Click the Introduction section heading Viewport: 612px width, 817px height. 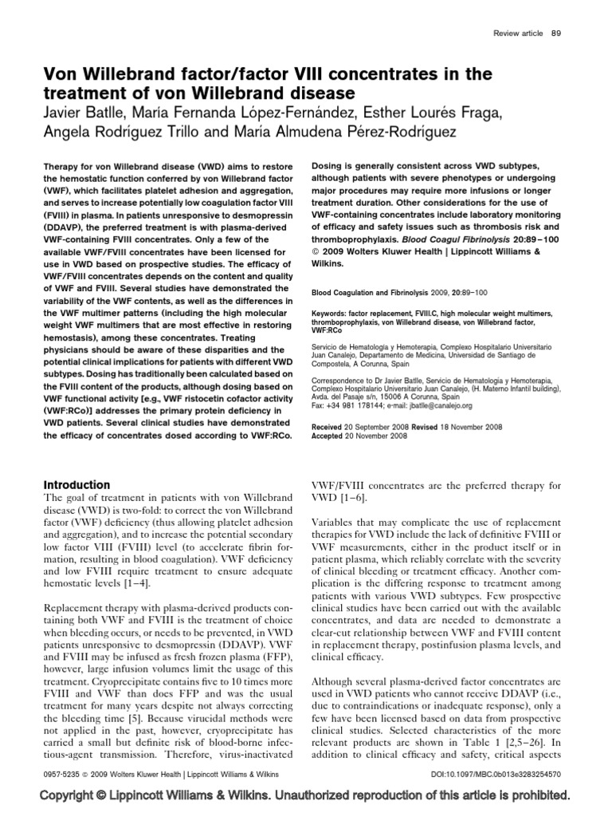(76, 484)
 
